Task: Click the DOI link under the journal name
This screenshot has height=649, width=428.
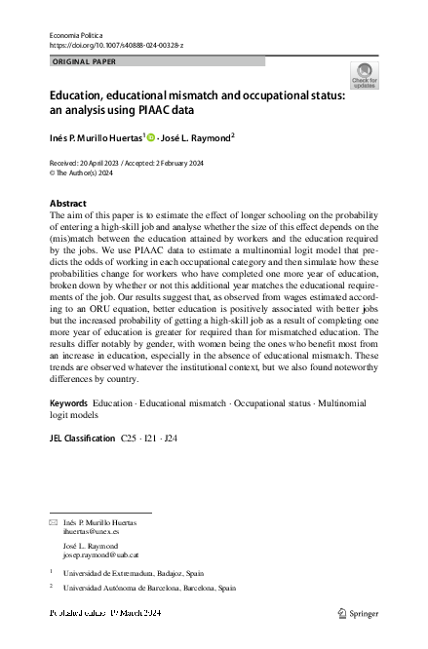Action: [115, 45]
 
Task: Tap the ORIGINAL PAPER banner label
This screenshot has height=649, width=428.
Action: [84, 61]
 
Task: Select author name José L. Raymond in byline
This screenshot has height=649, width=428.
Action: [196, 137]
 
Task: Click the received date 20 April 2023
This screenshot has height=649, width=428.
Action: [97, 163]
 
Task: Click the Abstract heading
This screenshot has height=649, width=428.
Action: [67, 204]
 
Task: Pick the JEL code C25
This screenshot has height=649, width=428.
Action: [130, 439]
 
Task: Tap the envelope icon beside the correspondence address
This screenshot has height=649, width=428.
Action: [54, 523]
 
